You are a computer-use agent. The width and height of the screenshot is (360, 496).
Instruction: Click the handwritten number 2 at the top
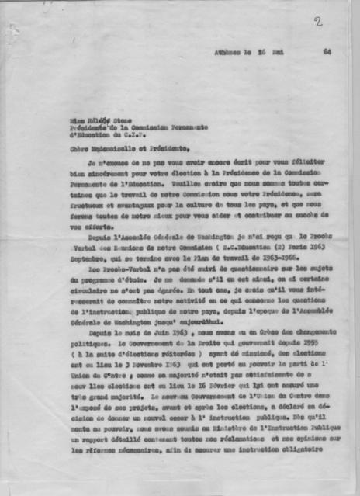click(x=318, y=21)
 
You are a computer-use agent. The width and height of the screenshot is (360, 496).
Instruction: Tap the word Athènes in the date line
click(x=228, y=54)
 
